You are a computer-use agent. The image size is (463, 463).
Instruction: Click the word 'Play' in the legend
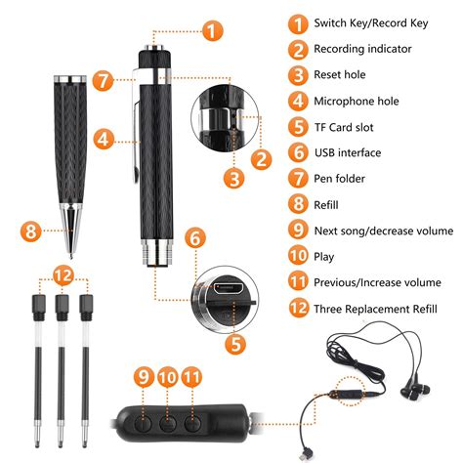327,256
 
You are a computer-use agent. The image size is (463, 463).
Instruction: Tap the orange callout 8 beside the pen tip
31,231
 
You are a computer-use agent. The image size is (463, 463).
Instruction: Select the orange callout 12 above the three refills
63,277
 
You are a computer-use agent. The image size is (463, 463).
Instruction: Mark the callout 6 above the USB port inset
196,237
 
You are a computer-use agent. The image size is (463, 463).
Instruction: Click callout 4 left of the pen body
103,140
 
